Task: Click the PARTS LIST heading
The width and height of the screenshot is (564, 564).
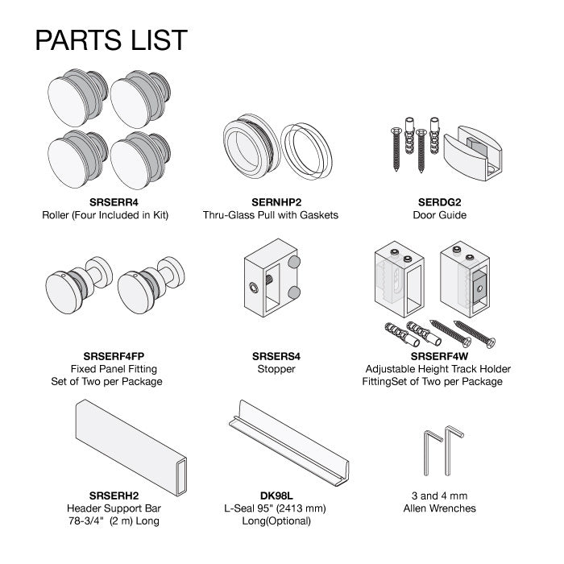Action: [x=111, y=40]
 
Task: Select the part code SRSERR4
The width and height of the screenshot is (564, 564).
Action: [x=114, y=202]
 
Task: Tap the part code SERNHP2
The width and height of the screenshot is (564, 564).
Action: [x=276, y=202]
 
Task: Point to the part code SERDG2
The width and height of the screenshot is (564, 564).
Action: [x=440, y=202]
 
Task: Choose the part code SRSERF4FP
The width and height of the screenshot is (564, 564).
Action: [x=114, y=356]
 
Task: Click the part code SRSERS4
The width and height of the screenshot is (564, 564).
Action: [x=276, y=356]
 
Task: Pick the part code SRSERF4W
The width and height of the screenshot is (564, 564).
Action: [x=440, y=356]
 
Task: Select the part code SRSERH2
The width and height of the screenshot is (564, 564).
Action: [x=114, y=496]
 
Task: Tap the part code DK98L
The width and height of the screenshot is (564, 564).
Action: [x=276, y=496]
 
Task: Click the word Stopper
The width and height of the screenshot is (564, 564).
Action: [x=276, y=369]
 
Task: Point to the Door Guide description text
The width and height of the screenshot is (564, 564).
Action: [x=440, y=215]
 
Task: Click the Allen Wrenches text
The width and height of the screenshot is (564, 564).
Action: [x=440, y=508]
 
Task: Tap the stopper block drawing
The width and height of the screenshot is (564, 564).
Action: [x=272, y=279]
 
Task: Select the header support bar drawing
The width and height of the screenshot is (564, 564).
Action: [x=131, y=447]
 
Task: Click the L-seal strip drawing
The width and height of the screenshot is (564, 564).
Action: [x=288, y=443]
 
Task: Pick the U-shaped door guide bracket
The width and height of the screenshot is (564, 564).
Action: [x=472, y=152]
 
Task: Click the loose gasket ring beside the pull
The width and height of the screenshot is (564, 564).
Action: [x=306, y=151]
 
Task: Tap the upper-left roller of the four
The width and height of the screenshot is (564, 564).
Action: [x=77, y=97]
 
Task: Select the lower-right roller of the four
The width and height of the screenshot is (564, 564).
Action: [x=140, y=160]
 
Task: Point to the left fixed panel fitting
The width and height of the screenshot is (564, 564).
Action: [x=78, y=285]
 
